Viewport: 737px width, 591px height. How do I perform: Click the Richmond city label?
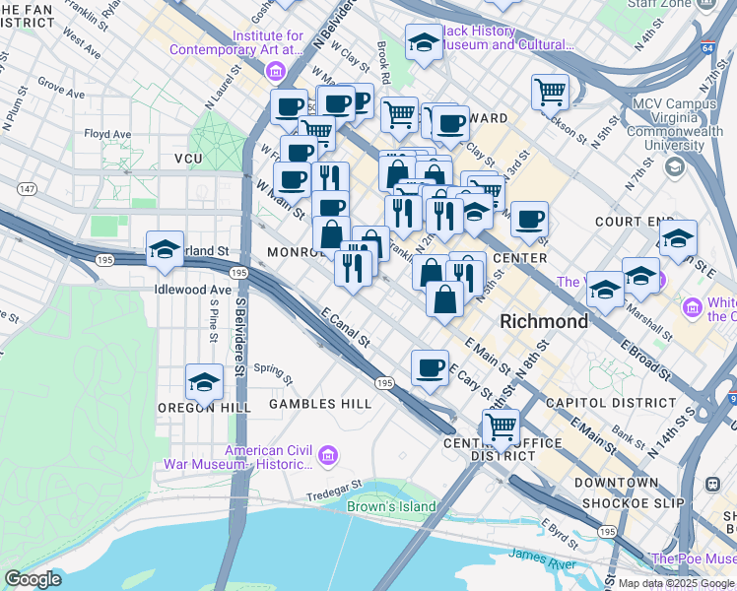[x=544, y=321]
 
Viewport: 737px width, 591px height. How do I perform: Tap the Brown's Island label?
[x=391, y=507]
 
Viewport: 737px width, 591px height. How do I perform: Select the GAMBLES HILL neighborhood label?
[x=320, y=404]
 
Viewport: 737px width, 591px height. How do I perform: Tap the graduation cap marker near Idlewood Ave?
[x=165, y=248]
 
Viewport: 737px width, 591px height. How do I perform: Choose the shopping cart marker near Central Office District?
[x=501, y=427]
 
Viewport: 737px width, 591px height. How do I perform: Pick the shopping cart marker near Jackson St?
[x=550, y=92]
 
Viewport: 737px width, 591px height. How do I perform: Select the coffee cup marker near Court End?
[x=529, y=219]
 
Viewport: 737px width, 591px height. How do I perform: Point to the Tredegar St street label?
[x=335, y=495]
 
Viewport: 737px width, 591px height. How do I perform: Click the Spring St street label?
[x=273, y=372]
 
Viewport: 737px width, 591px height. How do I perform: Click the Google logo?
[x=33, y=579]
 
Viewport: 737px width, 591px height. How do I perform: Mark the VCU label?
[x=187, y=159]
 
